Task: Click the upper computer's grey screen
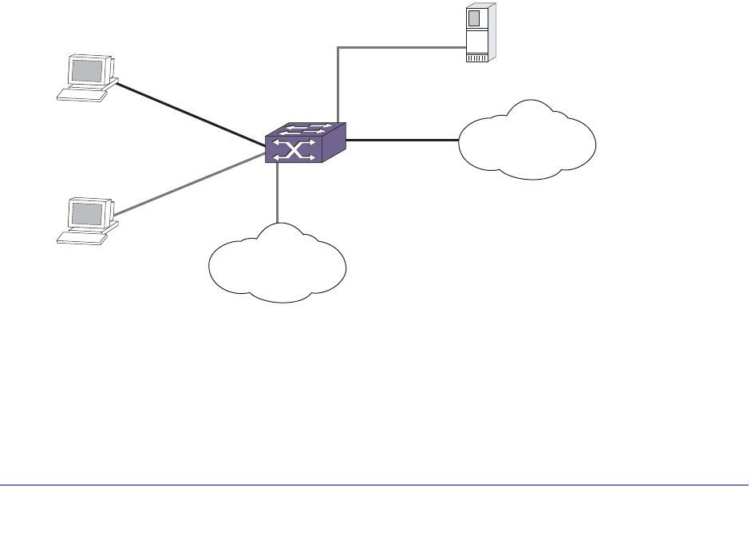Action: coord(88,71)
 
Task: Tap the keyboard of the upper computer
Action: coord(81,95)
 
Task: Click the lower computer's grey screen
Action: coord(88,213)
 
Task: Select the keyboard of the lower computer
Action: coord(81,237)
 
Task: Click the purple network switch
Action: coord(306,143)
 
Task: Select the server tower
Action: coord(479,34)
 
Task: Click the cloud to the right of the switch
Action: coord(528,140)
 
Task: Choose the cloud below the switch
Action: coord(277,263)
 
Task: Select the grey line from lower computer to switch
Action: coord(192,183)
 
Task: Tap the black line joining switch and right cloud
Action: coord(403,141)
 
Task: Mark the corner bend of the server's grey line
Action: coord(338,47)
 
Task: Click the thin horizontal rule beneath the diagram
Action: coord(375,485)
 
